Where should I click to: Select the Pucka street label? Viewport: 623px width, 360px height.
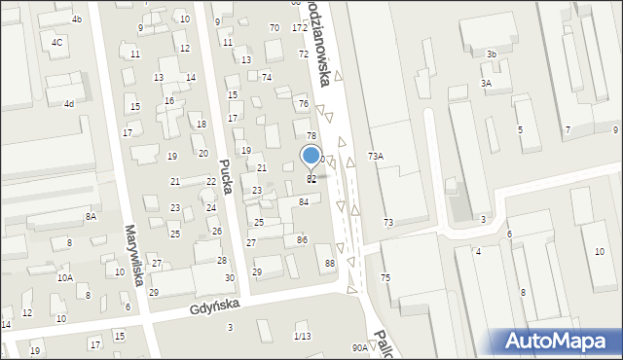[x=226, y=177]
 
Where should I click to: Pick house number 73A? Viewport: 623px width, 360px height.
[x=375, y=156]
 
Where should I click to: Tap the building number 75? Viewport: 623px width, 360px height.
[x=385, y=278]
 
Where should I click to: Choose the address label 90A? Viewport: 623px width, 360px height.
[x=360, y=347]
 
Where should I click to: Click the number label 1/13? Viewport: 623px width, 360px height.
[x=302, y=336]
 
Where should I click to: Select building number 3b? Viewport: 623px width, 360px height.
[x=492, y=54]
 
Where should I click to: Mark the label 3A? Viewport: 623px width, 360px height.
[x=485, y=84]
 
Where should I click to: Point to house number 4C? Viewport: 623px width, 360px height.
[x=57, y=42]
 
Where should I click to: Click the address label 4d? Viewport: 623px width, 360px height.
[x=68, y=103]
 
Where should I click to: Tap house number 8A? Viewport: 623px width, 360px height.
[x=91, y=216]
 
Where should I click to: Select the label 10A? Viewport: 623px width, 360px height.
[x=64, y=277]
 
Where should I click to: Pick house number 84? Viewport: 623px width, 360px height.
[x=304, y=201]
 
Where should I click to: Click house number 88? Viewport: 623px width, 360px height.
[x=330, y=264]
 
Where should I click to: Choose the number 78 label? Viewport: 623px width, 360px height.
[x=311, y=135]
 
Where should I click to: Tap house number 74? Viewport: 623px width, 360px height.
[x=267, y=77]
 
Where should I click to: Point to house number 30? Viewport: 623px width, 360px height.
[x=230, y=278]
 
